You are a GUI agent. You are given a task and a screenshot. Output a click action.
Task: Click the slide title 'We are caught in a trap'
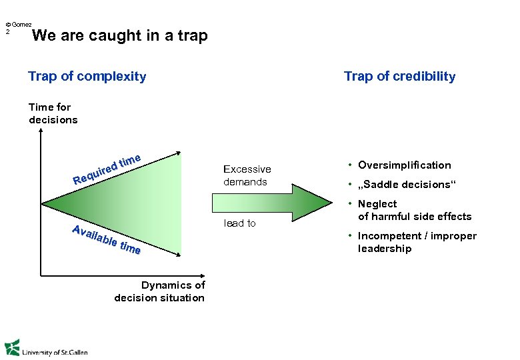point(120,36)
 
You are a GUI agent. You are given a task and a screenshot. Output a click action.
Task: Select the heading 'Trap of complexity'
point(87,76)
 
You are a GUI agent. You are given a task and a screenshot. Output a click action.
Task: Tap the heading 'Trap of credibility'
point(399,76)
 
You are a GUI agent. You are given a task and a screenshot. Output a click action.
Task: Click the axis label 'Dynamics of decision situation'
point(159,291)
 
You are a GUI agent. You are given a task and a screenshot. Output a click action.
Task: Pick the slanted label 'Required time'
point(107,169)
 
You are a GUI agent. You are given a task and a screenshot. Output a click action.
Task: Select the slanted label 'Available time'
point(106,240)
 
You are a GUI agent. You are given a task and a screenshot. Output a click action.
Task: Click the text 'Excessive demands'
point(247,175)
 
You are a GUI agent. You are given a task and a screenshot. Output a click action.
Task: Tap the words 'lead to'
point(239,223)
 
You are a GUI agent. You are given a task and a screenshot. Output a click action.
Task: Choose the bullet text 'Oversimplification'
point(404,165)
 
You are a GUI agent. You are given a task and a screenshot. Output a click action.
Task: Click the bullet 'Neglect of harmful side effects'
point(414,210)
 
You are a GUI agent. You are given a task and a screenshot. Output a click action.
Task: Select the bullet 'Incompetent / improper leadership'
point(417,242)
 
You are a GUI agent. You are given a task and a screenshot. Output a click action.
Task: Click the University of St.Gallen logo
point(46,349)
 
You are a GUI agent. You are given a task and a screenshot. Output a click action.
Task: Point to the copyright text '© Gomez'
point(18,24)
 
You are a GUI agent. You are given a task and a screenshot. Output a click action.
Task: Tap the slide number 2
point(7,31)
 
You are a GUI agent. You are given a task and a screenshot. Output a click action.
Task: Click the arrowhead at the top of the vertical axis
point(41,132)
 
